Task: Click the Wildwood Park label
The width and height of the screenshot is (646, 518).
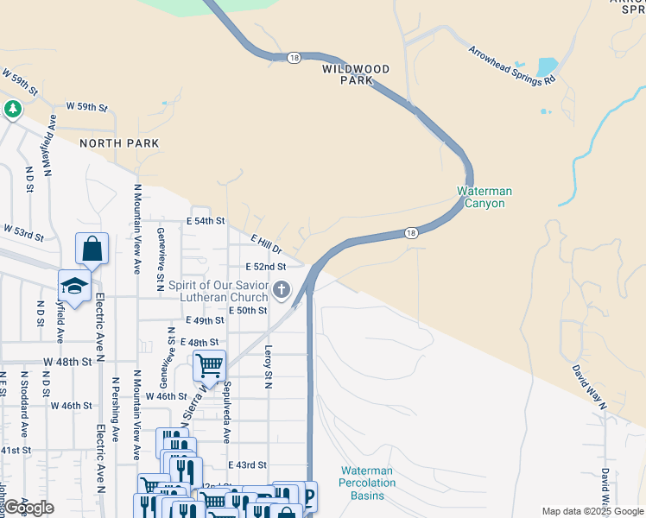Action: point(356,74)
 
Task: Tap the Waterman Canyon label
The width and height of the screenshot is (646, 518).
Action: point(484,197)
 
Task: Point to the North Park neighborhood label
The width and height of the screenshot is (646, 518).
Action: point(109,143)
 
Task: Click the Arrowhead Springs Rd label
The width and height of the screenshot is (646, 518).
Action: point(511,65)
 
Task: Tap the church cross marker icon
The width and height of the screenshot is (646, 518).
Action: point(282,290)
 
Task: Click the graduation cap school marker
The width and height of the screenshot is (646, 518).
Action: point(75,286)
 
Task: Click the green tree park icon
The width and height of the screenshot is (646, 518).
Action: point(12,109)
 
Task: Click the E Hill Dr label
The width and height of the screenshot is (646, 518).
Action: point(267,246)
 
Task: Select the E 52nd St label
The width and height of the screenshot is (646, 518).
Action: point(265,268)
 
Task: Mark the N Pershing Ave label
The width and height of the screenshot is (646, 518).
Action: point(115,409)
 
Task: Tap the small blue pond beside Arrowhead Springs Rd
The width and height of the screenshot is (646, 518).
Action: point(547,67)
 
